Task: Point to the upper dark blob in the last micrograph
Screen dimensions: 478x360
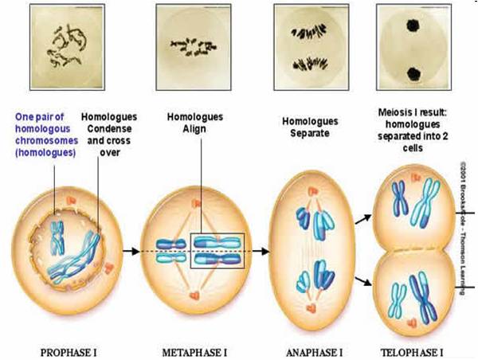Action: point(414,23)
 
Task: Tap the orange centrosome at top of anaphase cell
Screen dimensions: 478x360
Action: point(310,191)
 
